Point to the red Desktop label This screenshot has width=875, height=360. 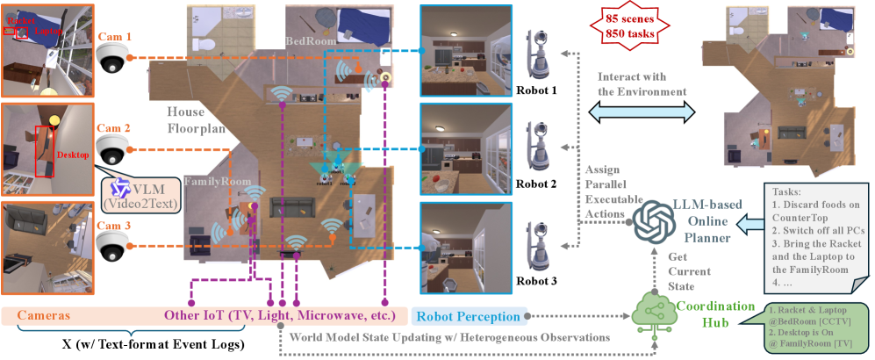pos(74,155)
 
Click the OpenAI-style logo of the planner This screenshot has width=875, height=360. pos(651,216)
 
